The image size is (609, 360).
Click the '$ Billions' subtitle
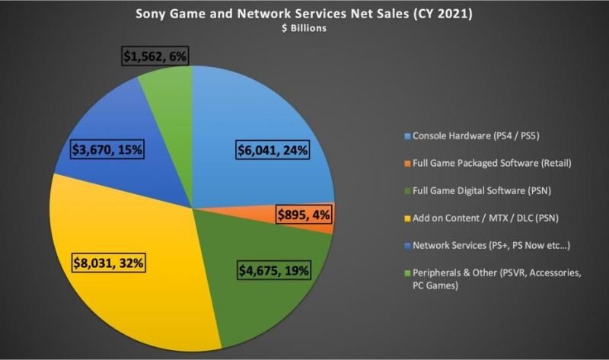pos(304,30)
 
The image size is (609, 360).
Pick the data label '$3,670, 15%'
pos(106,150)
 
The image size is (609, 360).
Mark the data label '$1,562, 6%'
pos(154,56)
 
